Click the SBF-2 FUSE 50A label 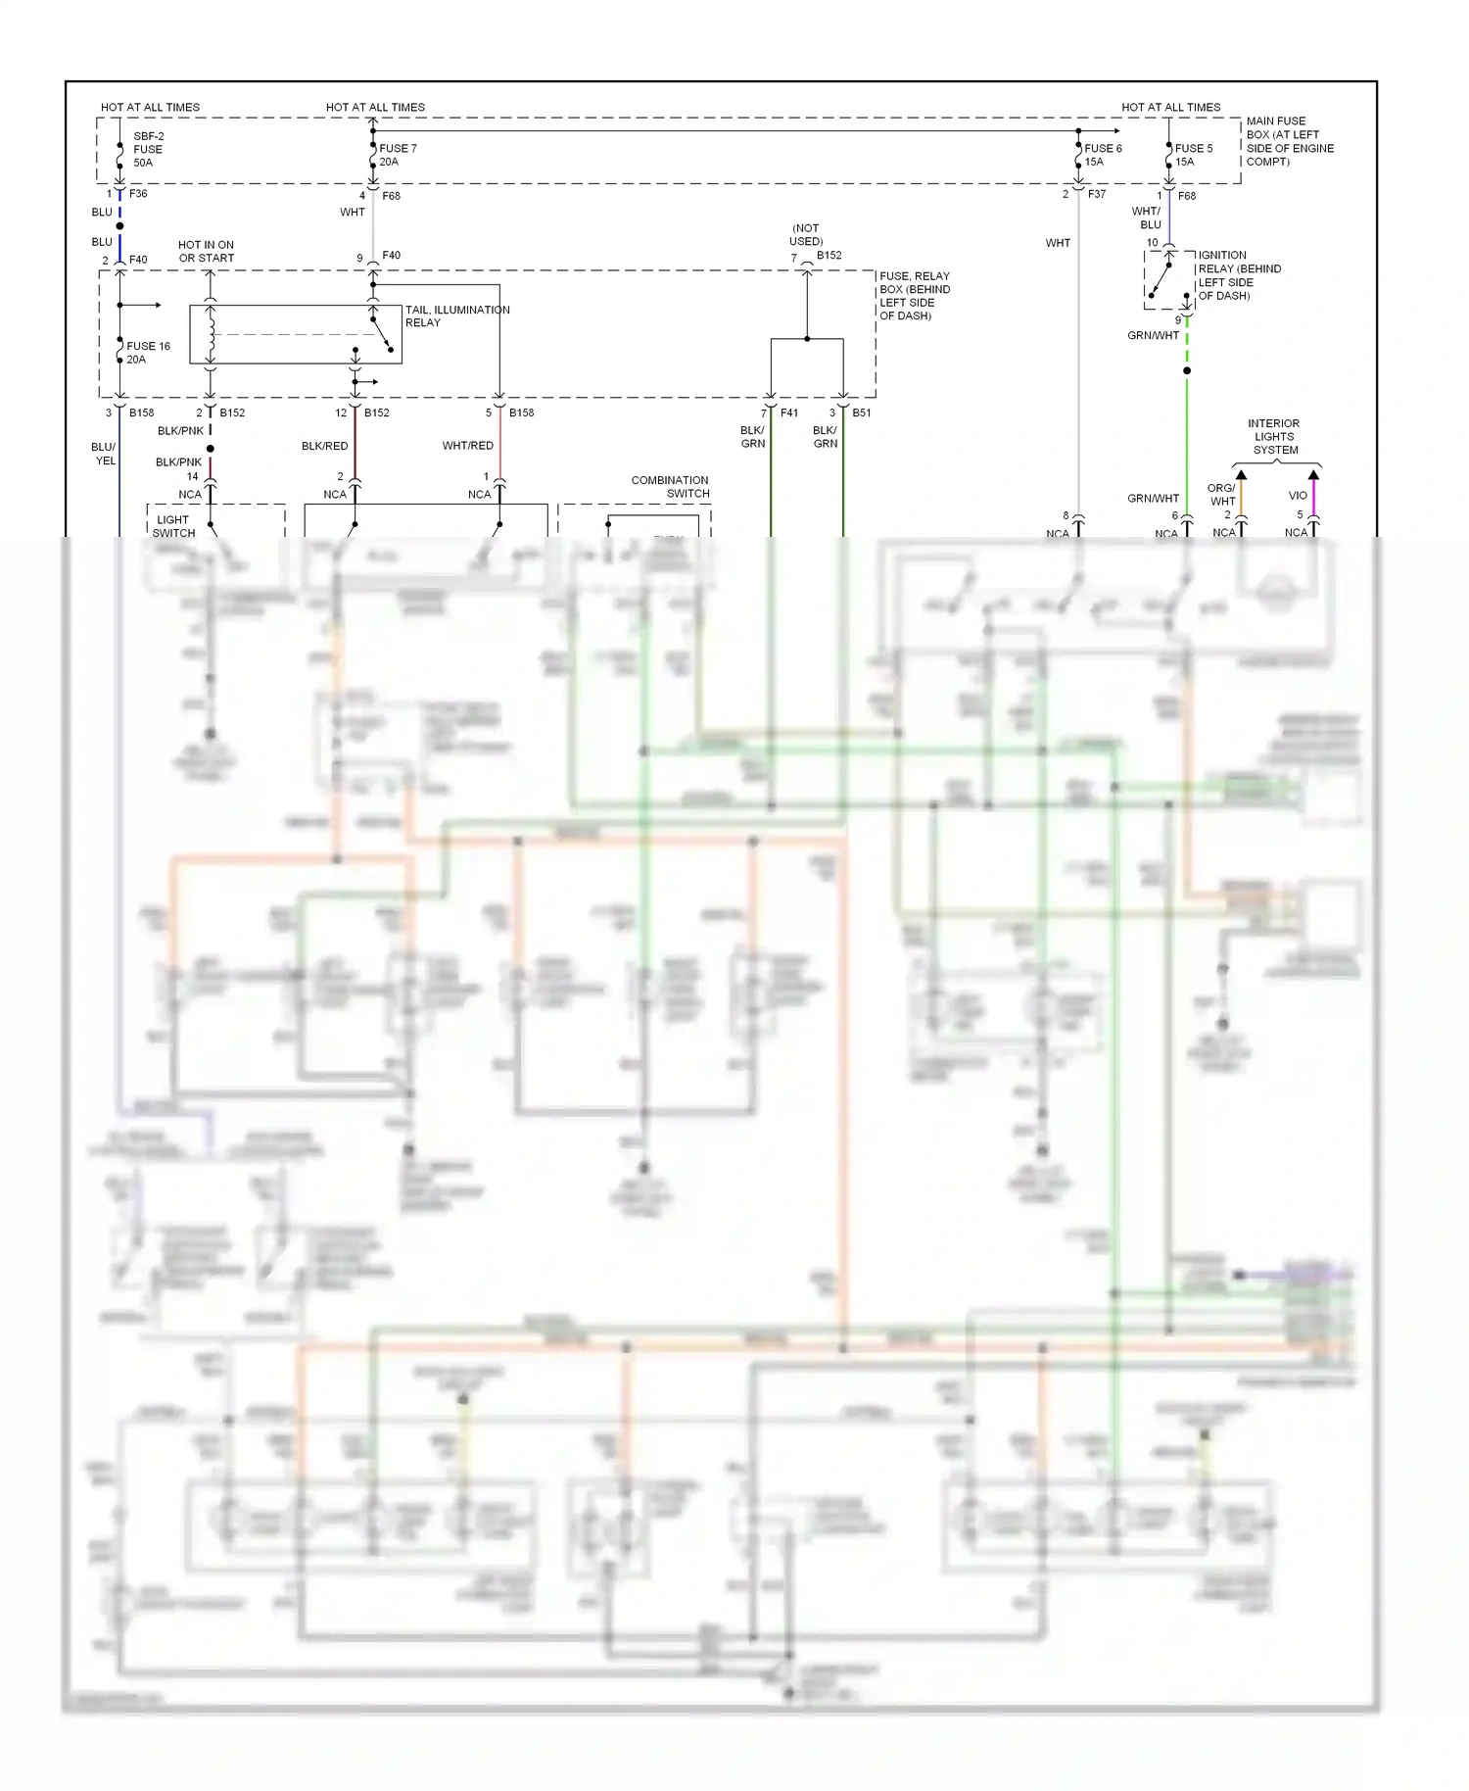click(x=148, y=150)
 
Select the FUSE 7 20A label click(x=398, y=155)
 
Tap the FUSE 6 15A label click(x=1103, y=155)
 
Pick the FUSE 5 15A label click(x=1193, y=155)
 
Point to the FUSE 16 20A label click(x=148, y=353)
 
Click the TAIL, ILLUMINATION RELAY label click(x=456, y=315)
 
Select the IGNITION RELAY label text click(x=1239, y=275)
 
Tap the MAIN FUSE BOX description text click(x=1289, y=141)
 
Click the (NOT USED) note click(x=806, y=234)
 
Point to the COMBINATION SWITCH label click(x=670, y=487)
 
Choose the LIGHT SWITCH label click(x=173, y=526)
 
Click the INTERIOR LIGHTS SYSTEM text click(x=1274, y=437)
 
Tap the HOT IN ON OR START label click(x=206, y=252)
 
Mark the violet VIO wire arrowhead click(x=1313, y=476)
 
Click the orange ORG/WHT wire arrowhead click(x=1241, y=476)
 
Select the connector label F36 click(x=138, y=194)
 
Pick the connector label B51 click(x=861, y=412)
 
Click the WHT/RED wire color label click(x=467, y=446)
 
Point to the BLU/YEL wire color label click(x=104, y=454)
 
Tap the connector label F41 click(x=788, y=412)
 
